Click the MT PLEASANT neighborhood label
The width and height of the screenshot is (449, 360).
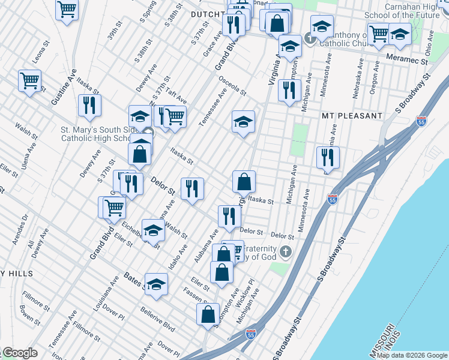352,115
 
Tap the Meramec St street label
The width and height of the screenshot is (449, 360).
410,61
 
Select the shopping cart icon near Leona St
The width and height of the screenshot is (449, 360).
29,80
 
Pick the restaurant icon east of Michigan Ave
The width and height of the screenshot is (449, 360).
328,157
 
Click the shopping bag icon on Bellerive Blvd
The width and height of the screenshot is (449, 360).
208,314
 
